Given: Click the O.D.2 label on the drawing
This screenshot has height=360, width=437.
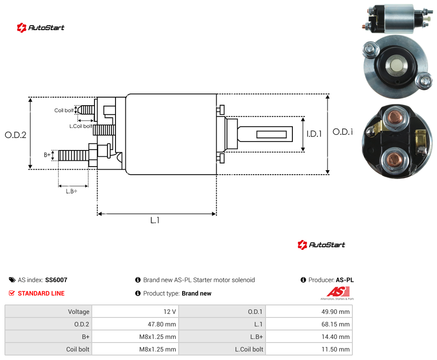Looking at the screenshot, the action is coord(16,135).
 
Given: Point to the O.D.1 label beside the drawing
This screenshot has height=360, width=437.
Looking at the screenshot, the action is coord(343,132).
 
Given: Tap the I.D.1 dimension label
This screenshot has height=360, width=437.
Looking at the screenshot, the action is coord(314,134).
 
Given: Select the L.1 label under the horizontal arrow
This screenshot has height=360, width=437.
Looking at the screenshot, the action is coord(155,220).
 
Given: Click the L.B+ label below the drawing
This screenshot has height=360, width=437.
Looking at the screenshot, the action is coord(72,191).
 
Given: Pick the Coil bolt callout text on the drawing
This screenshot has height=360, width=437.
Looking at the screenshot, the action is coord(64,111).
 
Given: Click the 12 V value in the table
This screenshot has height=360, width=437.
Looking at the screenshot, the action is coord(169,312).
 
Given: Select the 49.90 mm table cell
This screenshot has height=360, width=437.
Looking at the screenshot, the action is coord(335,312).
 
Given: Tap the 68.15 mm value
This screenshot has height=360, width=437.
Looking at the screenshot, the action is coord(335,324).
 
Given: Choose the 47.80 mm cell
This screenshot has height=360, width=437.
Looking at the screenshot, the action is coord(162,324).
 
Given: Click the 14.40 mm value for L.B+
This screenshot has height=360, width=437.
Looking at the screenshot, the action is coord(335,337).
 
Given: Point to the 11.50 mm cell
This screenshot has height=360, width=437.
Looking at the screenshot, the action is coord(335,349).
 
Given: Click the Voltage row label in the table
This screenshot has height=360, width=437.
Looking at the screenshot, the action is coord(79,312).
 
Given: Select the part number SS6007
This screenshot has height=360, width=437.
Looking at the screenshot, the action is coord(56,280).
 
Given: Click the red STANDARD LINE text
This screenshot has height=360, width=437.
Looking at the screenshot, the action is coord(41,293).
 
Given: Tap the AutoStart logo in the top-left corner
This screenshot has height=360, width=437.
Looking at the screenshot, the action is coord(41,28).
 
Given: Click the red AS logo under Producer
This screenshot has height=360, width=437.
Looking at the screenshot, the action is coord(338,292).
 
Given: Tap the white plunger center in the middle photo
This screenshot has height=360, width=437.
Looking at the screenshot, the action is coord(395,65).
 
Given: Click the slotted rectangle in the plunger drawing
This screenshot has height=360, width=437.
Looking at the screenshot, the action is coord(271,135).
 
